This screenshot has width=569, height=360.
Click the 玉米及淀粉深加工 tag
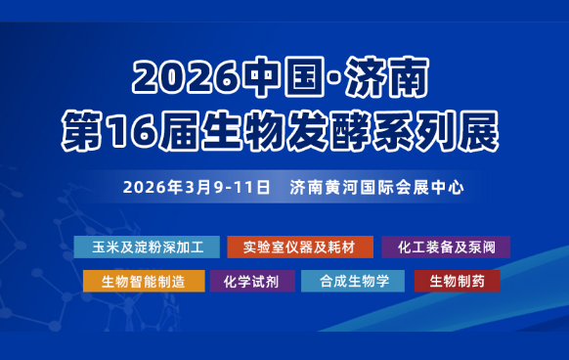point(145,247)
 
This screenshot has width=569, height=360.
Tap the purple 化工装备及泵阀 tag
point(447,247)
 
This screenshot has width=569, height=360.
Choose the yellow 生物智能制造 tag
point(144,281)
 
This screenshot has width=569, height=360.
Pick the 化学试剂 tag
point(252,281)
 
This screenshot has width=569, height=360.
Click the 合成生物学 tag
point(353,281)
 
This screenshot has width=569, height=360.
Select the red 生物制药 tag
point(457,281)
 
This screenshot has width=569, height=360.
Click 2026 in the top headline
point(181,73)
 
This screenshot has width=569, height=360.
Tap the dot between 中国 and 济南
point(323,74)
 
